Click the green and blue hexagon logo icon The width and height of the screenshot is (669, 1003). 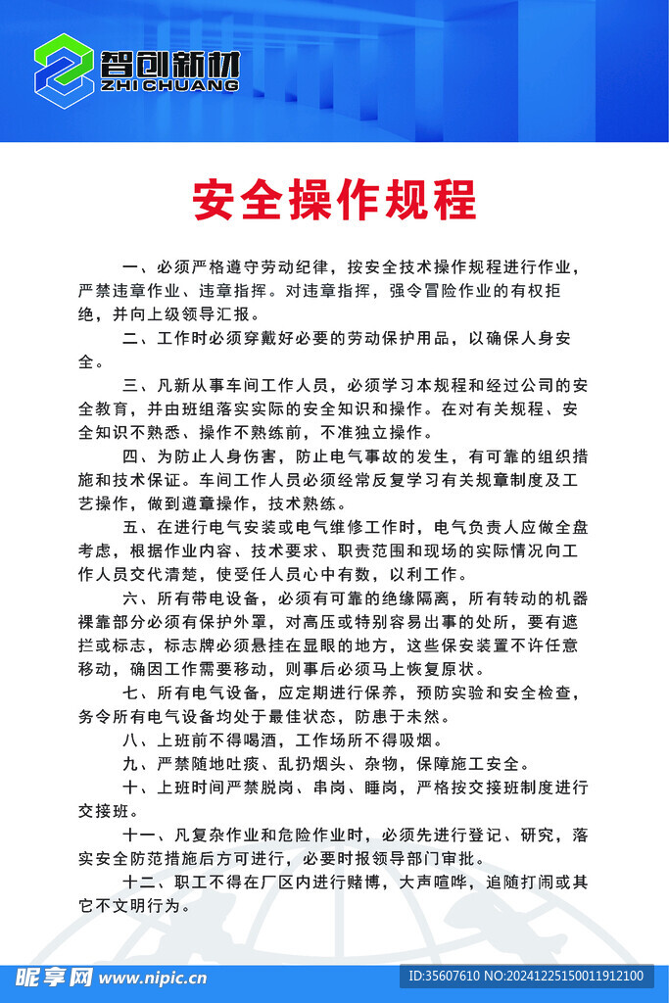click(65, 71)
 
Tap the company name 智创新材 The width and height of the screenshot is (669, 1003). click(169, 65)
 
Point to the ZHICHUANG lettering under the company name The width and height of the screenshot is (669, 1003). click(169, 86)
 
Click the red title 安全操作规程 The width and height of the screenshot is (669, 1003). click(334, 200)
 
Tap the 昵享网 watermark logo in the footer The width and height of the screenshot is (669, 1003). click(54, 976)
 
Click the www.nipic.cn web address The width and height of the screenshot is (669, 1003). click(153, 977)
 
